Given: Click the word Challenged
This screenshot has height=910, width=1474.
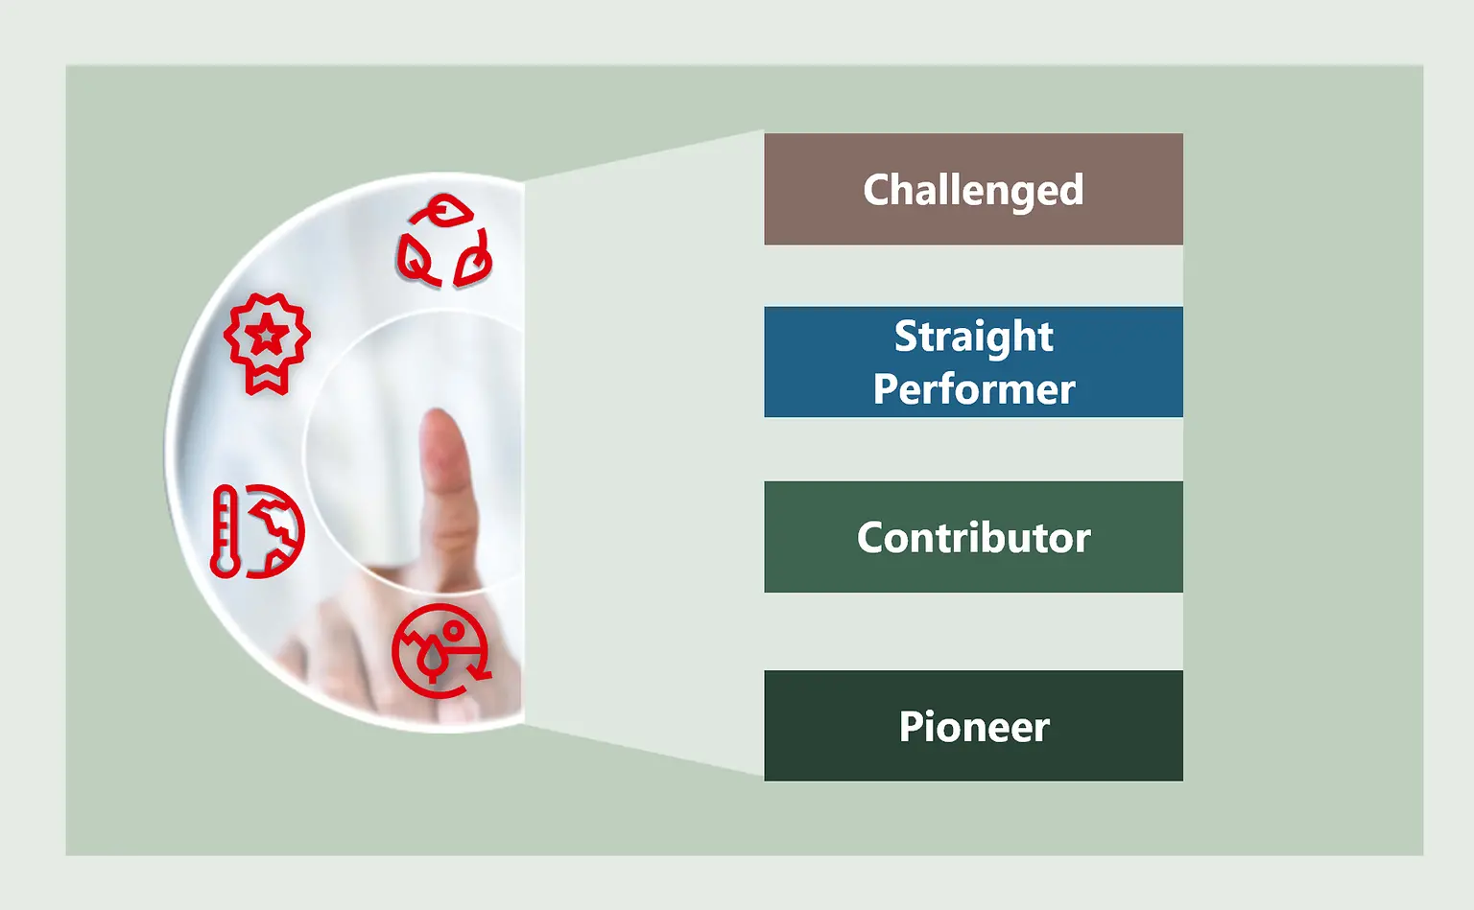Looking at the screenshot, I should click(x=973, y=190).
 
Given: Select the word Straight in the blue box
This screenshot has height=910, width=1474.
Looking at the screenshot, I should click(x=973, y=337).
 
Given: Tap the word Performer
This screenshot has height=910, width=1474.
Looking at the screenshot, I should click(x=973, y=389).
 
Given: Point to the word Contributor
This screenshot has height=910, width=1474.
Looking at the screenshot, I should click(x=973, y=538).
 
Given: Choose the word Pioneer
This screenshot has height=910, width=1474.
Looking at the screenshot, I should click(x=973, y=727).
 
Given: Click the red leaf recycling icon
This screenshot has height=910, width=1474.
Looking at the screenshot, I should click(x=444, y=242).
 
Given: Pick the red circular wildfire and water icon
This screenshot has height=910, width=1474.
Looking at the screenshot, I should click(x=440, y=651).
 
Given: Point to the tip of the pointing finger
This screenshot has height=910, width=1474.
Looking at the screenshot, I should click(x=440, y=422).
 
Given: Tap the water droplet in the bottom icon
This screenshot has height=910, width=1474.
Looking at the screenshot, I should click(x=435, y=660).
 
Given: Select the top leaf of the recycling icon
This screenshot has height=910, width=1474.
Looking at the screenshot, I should click(x=445, y=210).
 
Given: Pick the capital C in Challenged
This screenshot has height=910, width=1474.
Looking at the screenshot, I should click(x=877, y=190).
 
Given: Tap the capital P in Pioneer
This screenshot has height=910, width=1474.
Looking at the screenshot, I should click(x=910, y=727).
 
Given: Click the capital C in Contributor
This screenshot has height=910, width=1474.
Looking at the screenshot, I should click(x=871, y=538).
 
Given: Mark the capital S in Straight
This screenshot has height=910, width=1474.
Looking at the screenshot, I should click(x=907, y=337).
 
